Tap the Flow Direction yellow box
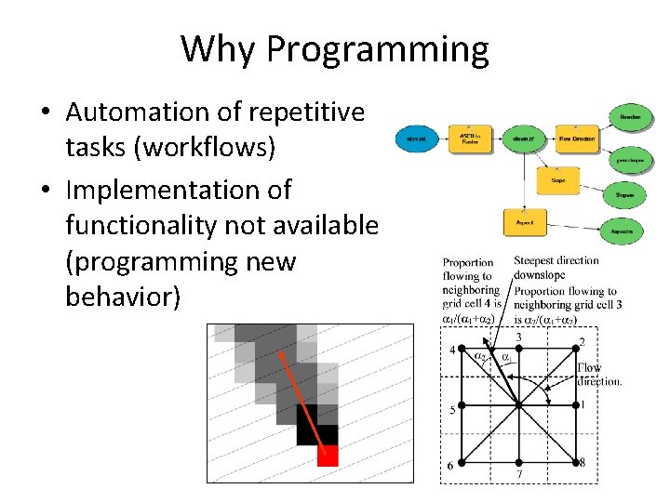click(x=577, y=140)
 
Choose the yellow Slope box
click(x=558, y=180)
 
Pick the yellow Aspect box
click(x=524, y=224)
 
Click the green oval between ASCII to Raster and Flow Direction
click(x=523, y=140)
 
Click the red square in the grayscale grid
click(x=327, y=456)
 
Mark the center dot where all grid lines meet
click(x=517, y=405)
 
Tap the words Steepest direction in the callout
click(x=556, y=261)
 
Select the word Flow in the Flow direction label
click(x=589, y=368)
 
